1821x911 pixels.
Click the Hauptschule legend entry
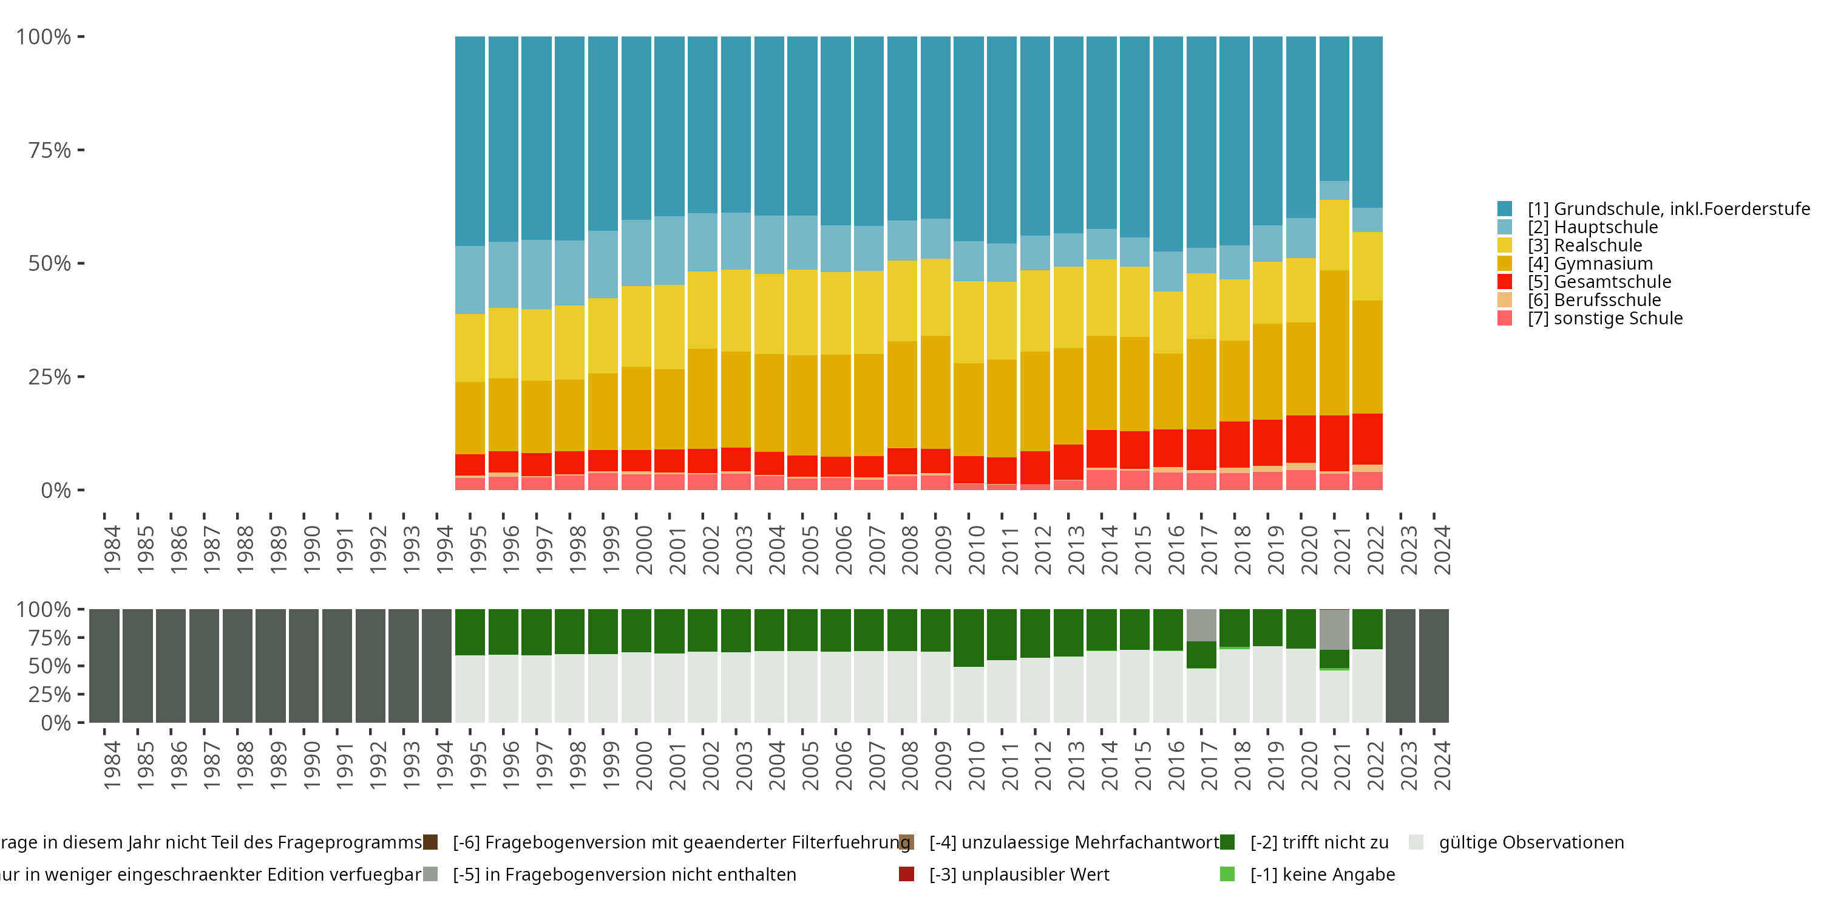(1592, 227)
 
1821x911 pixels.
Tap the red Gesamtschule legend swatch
(1504, 282)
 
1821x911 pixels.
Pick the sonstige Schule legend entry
(1605, 318)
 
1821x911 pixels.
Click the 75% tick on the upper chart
(50, 150)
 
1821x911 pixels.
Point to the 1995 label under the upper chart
(478, 550)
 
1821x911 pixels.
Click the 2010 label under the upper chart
(977, 550)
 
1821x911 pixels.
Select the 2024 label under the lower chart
(1442, 766)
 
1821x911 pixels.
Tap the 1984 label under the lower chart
(112, 766)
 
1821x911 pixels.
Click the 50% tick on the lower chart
(50, 666)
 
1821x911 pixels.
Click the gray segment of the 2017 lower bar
(1201, 626)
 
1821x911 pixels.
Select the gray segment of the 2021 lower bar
(1334, 629)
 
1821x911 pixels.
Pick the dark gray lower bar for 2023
(1400, 666)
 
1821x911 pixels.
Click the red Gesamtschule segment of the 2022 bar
(1367, 438)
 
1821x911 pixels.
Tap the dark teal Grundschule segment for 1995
(470, 142)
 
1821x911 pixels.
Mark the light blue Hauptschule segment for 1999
(603, 264)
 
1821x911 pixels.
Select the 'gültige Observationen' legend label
(1530, 842)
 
